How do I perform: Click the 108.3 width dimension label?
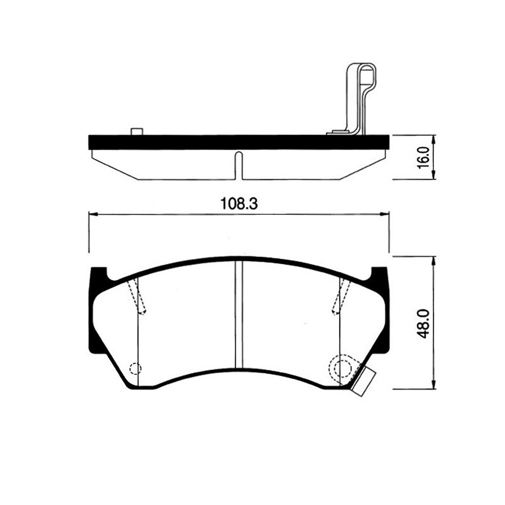tap(239, 203)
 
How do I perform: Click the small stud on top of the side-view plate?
tap(137, 131)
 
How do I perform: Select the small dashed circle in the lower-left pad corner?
tap(136, 369)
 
